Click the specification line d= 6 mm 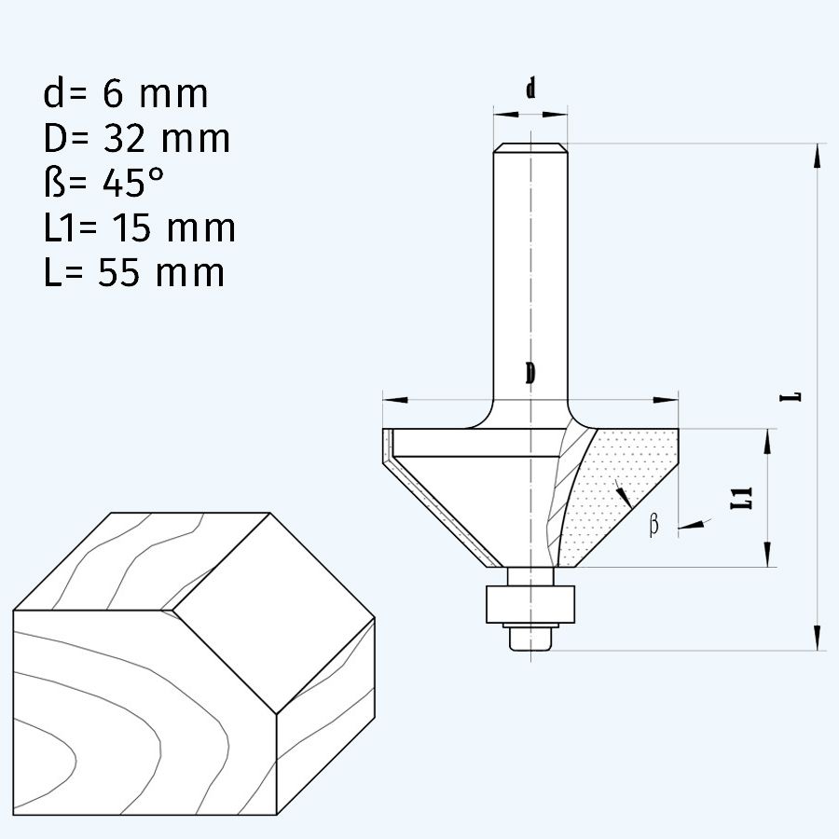point(125,94)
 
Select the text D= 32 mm point(136,139)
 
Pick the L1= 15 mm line point(139,228)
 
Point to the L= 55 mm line point(133,273)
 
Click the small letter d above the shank point(530,89)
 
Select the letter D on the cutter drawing point(530,374)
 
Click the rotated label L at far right point(793,395)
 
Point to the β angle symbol point(653,526)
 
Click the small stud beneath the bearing point(529,639)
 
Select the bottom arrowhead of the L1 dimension point(768,556)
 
